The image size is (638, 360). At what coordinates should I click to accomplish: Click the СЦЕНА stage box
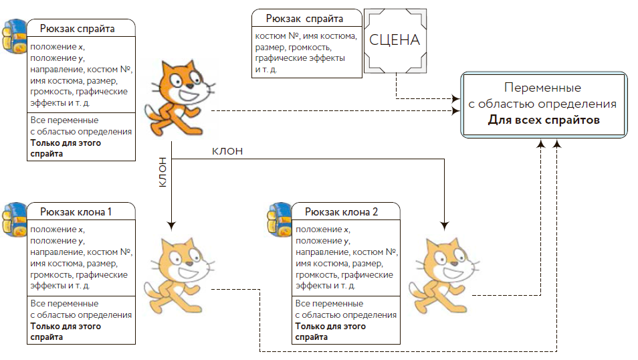click(x=395, y=41)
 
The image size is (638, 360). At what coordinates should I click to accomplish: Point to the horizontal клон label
click(x=227, y=151)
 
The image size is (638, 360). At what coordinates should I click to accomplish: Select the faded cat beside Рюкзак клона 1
click(x=177, y=274)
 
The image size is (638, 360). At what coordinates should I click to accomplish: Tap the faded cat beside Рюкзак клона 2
click(x=441, y=274)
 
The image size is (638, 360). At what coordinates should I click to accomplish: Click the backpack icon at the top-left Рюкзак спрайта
click(x=13, y=37)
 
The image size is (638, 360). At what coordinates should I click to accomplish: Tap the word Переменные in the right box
click(x=542, y=88)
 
